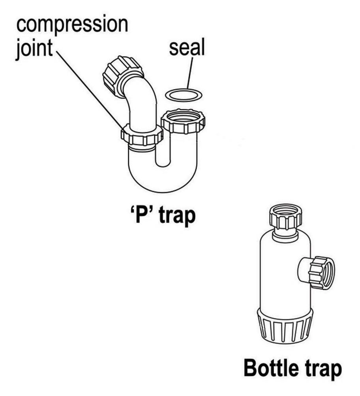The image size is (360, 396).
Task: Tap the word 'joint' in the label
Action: [x=34, y=51]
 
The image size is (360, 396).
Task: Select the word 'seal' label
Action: [x=187, y=49]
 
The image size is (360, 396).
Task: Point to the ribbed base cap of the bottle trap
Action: [x=285, y=326]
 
